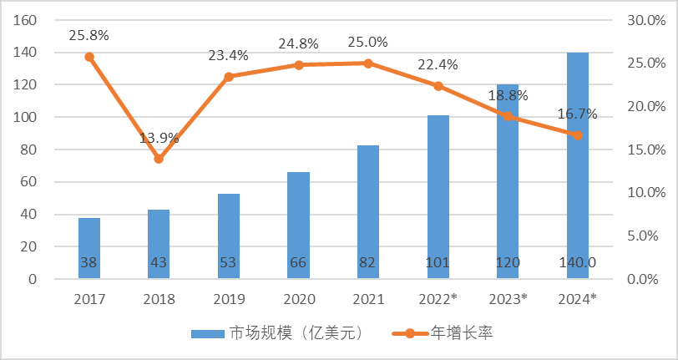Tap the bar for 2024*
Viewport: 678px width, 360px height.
[x=578, y=167]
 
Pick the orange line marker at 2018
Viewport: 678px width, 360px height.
[x=159, y=159]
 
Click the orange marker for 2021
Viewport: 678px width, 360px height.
[x=368, y=63]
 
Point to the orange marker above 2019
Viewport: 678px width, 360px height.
[x=229, y=77]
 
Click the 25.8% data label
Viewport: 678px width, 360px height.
[x=89, y=36]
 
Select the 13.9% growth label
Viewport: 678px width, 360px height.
[x=159, y=138]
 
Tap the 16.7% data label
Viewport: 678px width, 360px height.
[x=578, y=114]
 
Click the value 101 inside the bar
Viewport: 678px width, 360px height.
[x=438, y=263]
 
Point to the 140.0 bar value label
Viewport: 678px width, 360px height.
[x=578, y=263]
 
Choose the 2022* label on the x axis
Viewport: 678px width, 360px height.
[x=438, y=299]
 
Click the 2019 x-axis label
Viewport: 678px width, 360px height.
[x=229, y=299]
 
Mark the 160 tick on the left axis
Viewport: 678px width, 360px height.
[x=26, y=20]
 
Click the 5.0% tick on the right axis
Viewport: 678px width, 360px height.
[x=645, y=236]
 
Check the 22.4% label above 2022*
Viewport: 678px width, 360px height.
[x=438, y=65]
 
